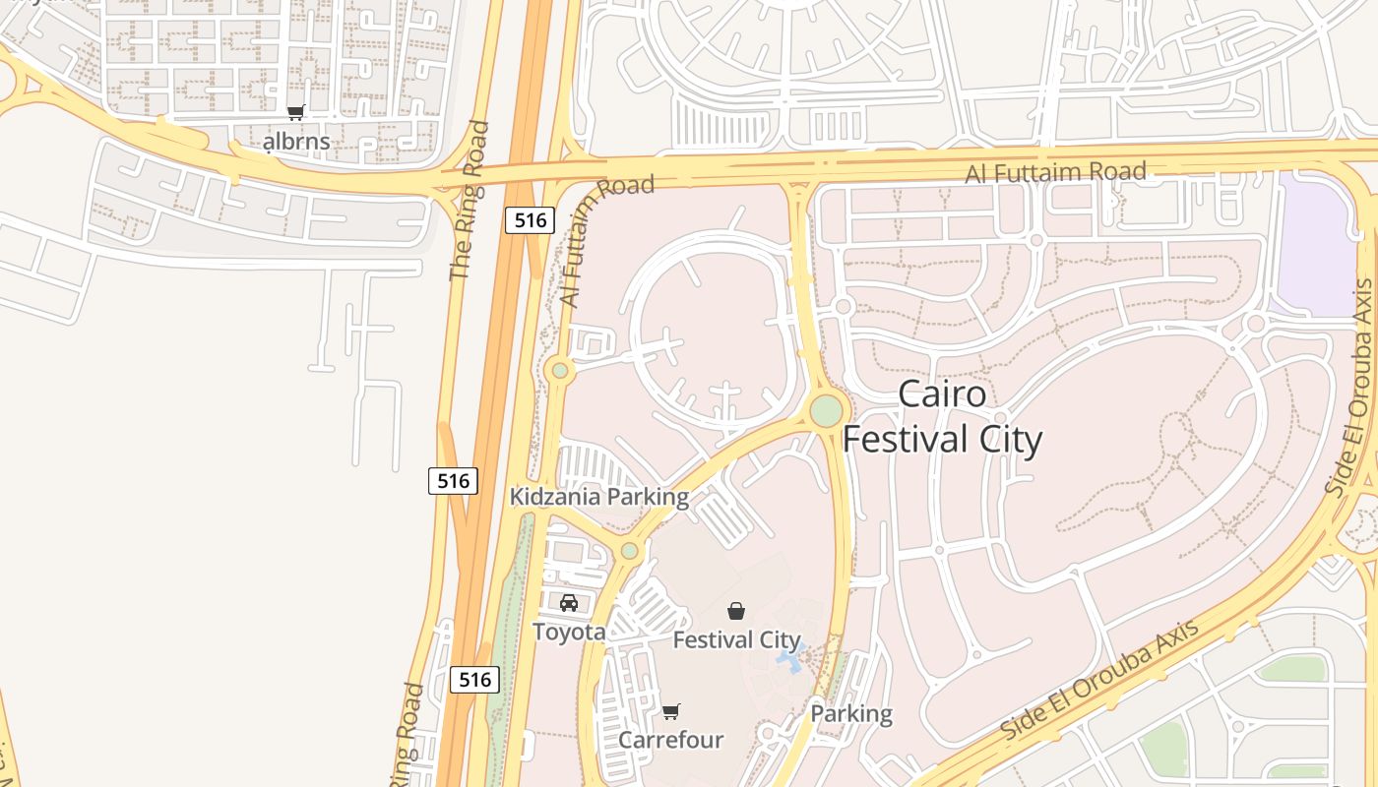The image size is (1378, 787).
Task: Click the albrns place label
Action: [x=296, y=142]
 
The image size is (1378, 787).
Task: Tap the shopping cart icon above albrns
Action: [x=296, y=112]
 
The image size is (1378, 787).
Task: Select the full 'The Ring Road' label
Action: [x=469, y=201]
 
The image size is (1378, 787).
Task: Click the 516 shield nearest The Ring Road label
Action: [x=530, y=220]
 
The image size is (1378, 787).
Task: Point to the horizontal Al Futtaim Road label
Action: [x=1055, y=173]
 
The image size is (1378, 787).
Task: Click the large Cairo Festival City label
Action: [x=942, y=416]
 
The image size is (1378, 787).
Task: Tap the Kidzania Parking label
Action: [x=598, y=497]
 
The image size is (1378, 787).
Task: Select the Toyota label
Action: [x=569, y=632]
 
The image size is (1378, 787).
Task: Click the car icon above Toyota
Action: [x=569, y=603]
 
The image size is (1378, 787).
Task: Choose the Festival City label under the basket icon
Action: [x=736, y=639]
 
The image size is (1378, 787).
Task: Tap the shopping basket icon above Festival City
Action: [x=736, y=611]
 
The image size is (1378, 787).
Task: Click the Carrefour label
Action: [x=670, y=740]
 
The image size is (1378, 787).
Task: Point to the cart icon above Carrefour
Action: [x=670, y=711]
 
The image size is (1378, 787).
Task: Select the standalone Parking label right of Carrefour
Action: [x=851, y=714]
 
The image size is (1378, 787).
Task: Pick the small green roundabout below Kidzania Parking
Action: [x=629, y=551]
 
